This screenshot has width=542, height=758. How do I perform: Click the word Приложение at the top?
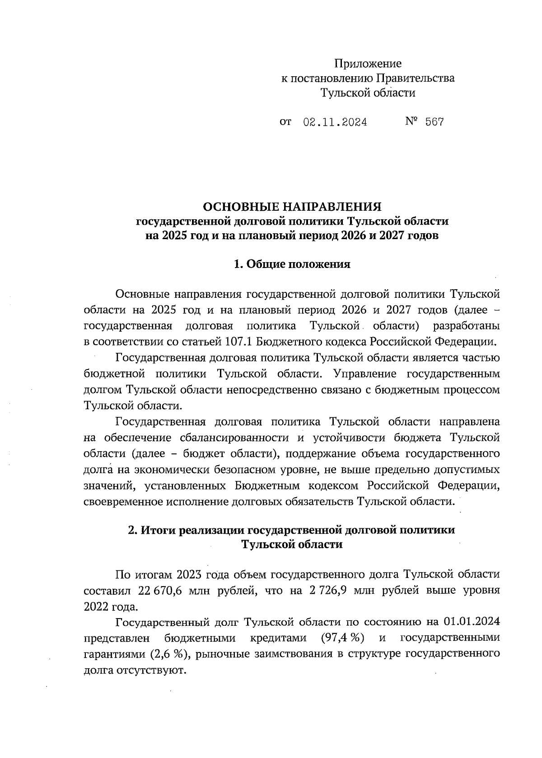tap(368, 64)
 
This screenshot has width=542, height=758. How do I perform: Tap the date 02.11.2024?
tap(335, 122)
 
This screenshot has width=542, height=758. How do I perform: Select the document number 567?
tap(435, 122)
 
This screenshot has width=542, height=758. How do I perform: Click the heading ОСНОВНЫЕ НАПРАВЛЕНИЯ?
tap(292, 207)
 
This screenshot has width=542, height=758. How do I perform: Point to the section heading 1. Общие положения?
tap(292, 264)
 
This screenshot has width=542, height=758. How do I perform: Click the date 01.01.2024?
tap(472, 622)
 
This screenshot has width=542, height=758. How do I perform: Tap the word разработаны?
tap(466, 326)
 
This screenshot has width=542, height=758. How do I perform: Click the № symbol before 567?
tap(411, 121)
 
